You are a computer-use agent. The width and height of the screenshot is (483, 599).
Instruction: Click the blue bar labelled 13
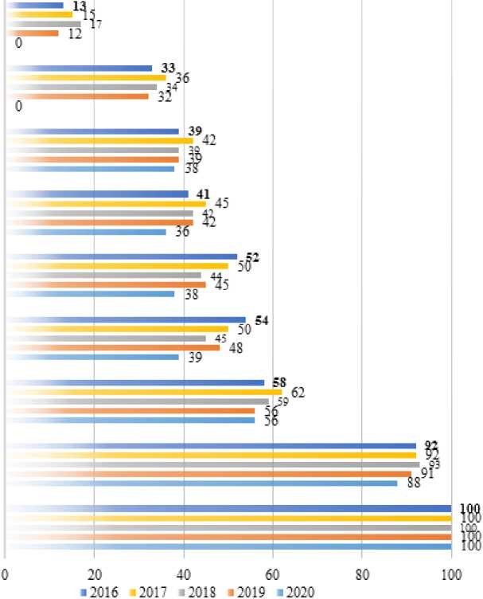point(36,6)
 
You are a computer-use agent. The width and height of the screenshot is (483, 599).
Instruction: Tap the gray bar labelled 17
point(44,24)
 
